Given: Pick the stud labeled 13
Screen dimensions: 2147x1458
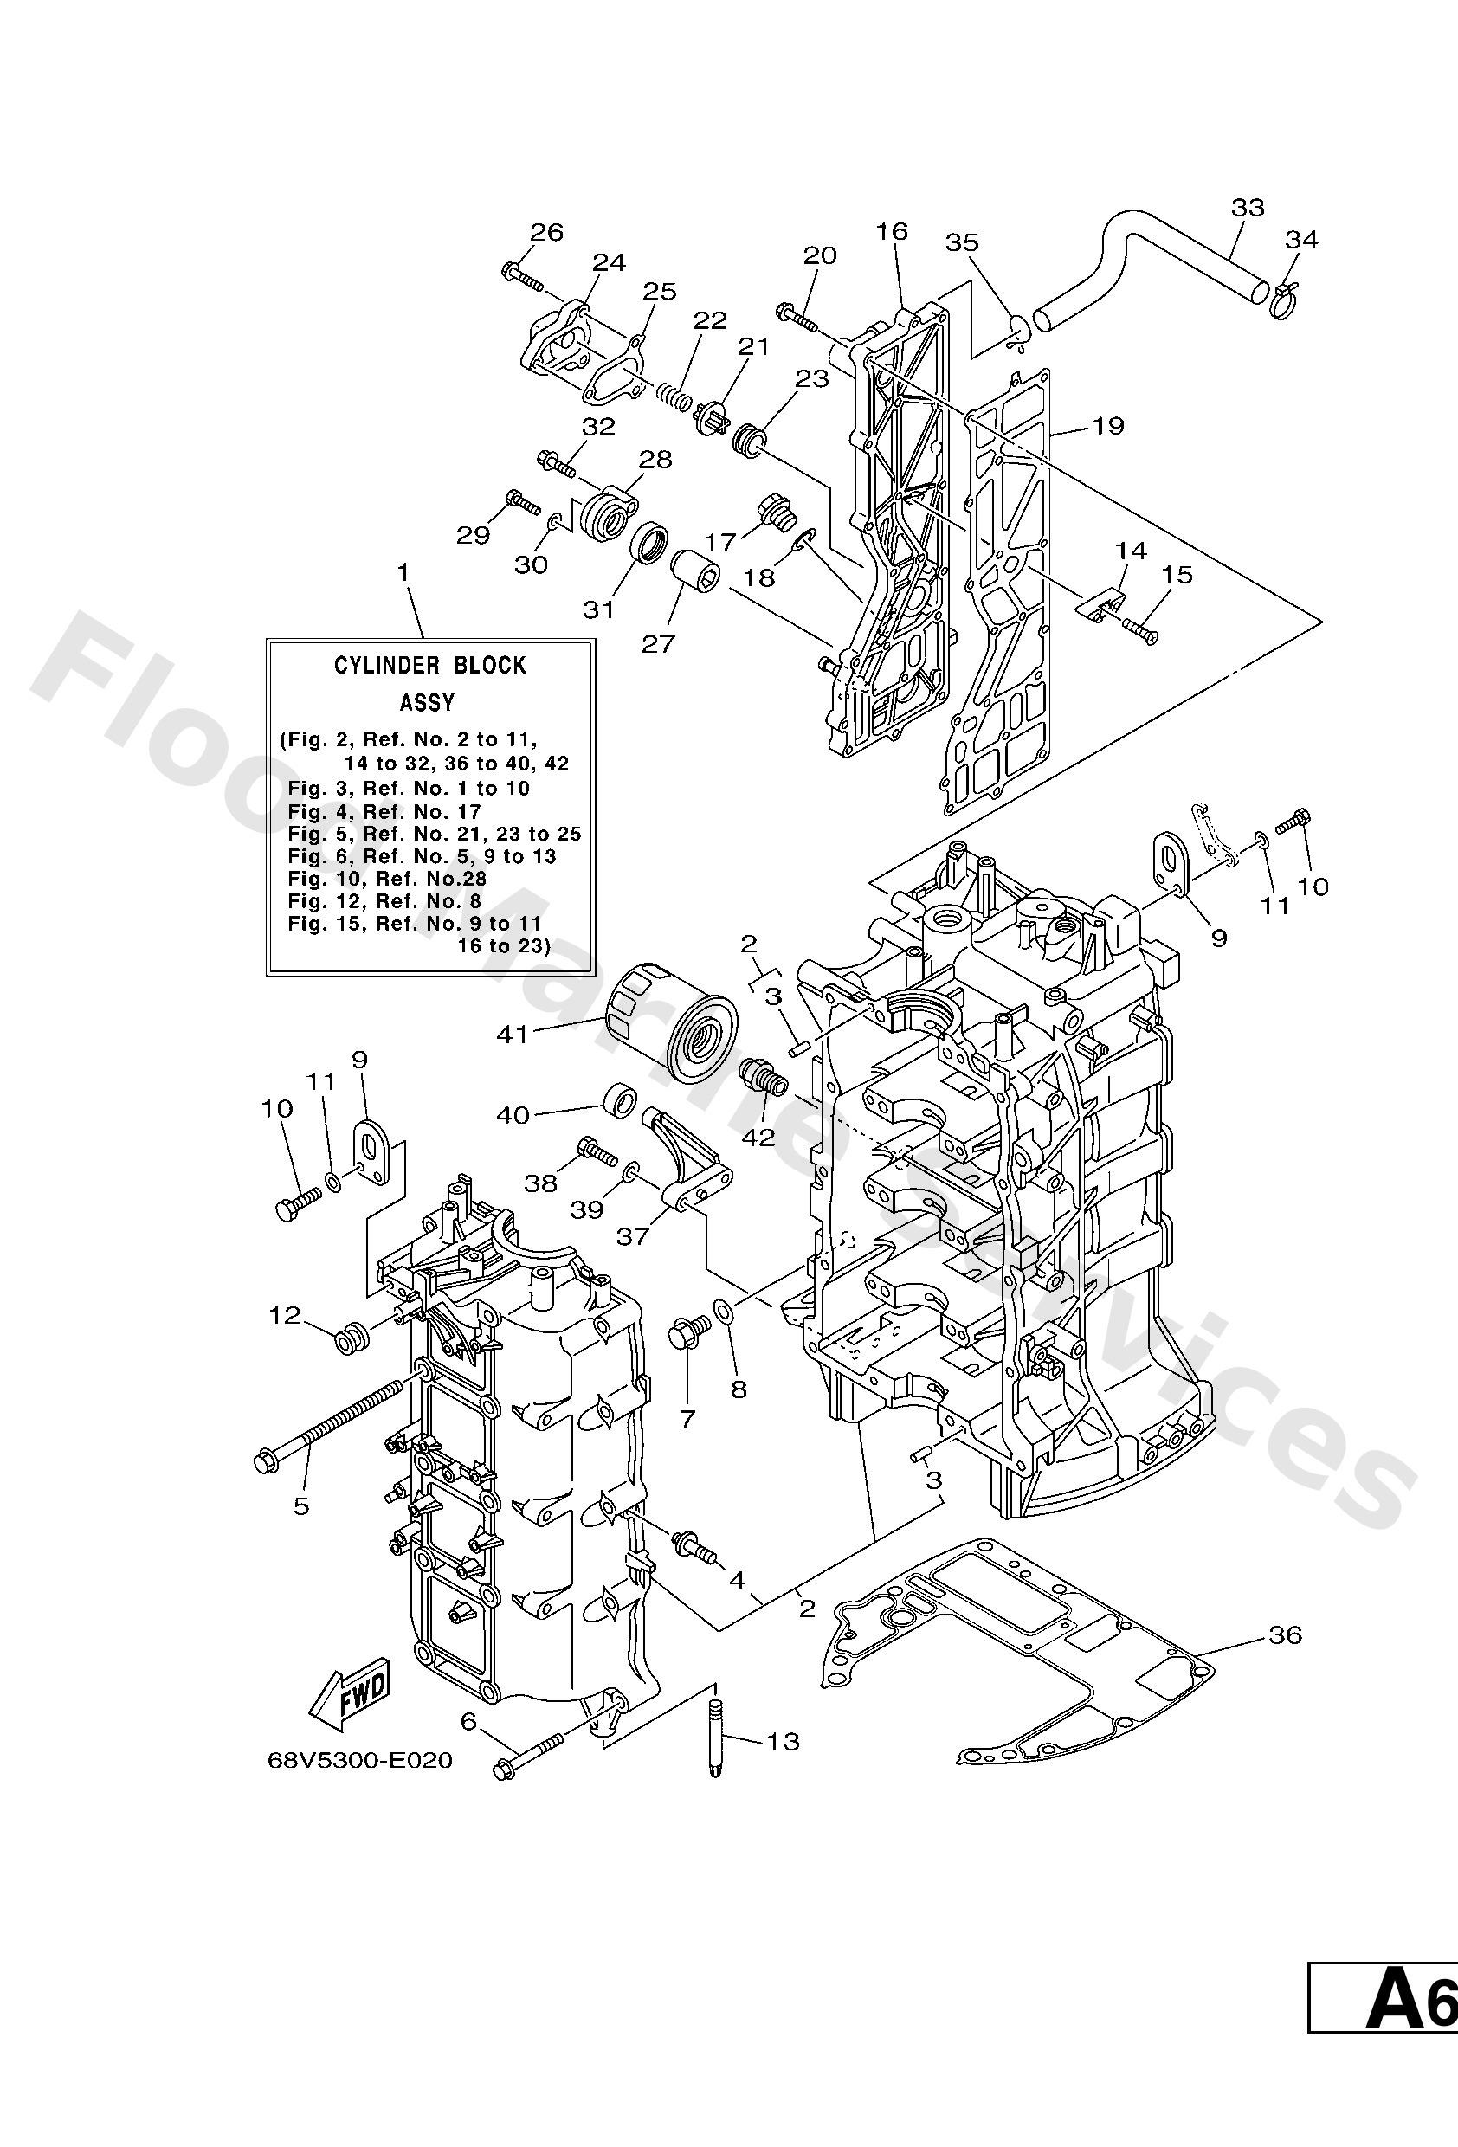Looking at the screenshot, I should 716,1742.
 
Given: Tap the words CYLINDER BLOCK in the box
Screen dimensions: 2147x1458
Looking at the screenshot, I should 429,665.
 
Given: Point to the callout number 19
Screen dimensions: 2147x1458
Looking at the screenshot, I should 1108,426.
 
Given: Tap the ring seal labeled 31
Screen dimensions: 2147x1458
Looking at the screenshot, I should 649,541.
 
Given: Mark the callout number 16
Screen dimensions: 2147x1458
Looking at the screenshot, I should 893,231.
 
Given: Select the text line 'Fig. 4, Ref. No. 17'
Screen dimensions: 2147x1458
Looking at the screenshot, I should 384,812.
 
